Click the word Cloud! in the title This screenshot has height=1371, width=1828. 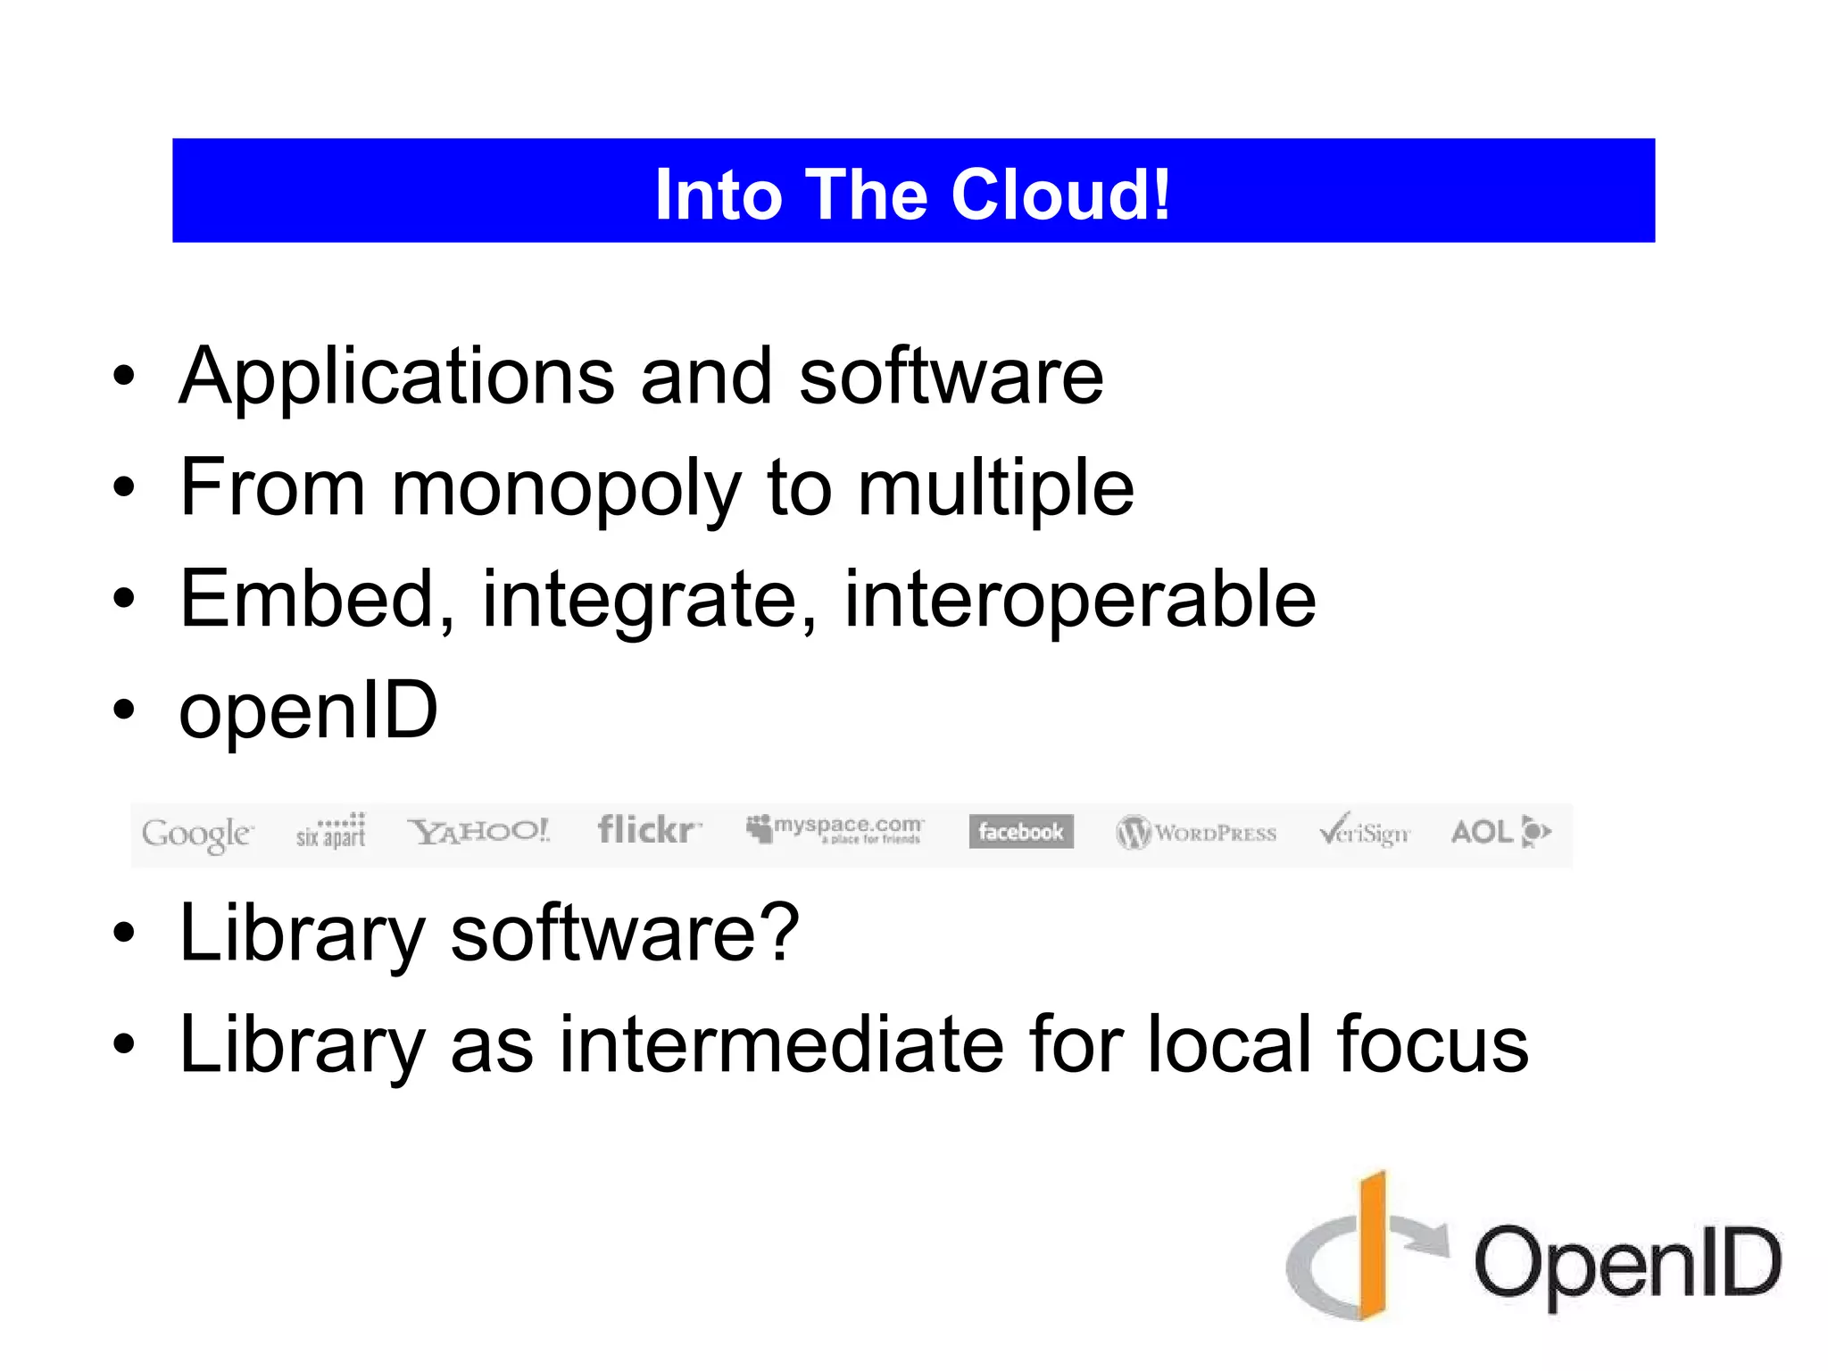tap(1060, 195)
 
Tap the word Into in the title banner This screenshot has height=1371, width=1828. tap(719, 195)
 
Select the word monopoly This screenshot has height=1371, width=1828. tap(566, 489)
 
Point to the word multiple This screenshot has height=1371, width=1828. tap(995, 489)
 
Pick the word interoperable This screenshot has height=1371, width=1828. tap(1079, 600)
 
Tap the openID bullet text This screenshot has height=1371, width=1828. tap(309, 711)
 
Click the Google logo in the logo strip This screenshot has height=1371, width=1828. tap(197, 834)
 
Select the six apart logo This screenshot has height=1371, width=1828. tap(331, 830)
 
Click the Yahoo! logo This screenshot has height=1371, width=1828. tap(478, 832)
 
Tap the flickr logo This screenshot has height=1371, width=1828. tap(648, 830)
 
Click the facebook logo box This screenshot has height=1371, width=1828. tap(1021, 832)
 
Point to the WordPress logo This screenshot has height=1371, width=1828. tap(1196, 833)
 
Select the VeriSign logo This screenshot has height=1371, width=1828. tap(1365, 831)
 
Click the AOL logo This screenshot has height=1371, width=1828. tap(1500, 832)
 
